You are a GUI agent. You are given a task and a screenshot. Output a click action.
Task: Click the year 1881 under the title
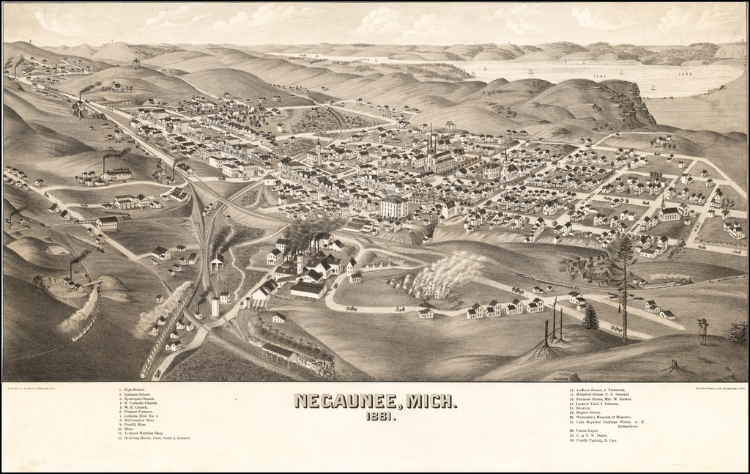tap(374, 417)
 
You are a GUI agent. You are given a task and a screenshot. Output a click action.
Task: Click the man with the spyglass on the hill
tap(703, 331)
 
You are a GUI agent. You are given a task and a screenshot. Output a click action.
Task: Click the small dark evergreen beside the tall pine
tap(590, 317)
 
